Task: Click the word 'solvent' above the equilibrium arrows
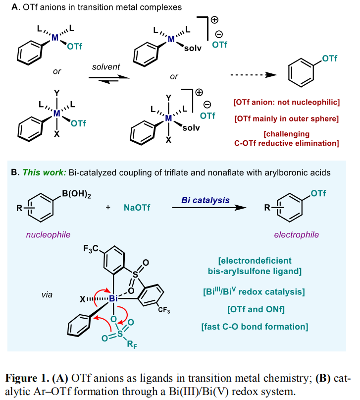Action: (106, 66)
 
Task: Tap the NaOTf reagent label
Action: (137, 208)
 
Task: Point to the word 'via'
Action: (47, 295)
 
